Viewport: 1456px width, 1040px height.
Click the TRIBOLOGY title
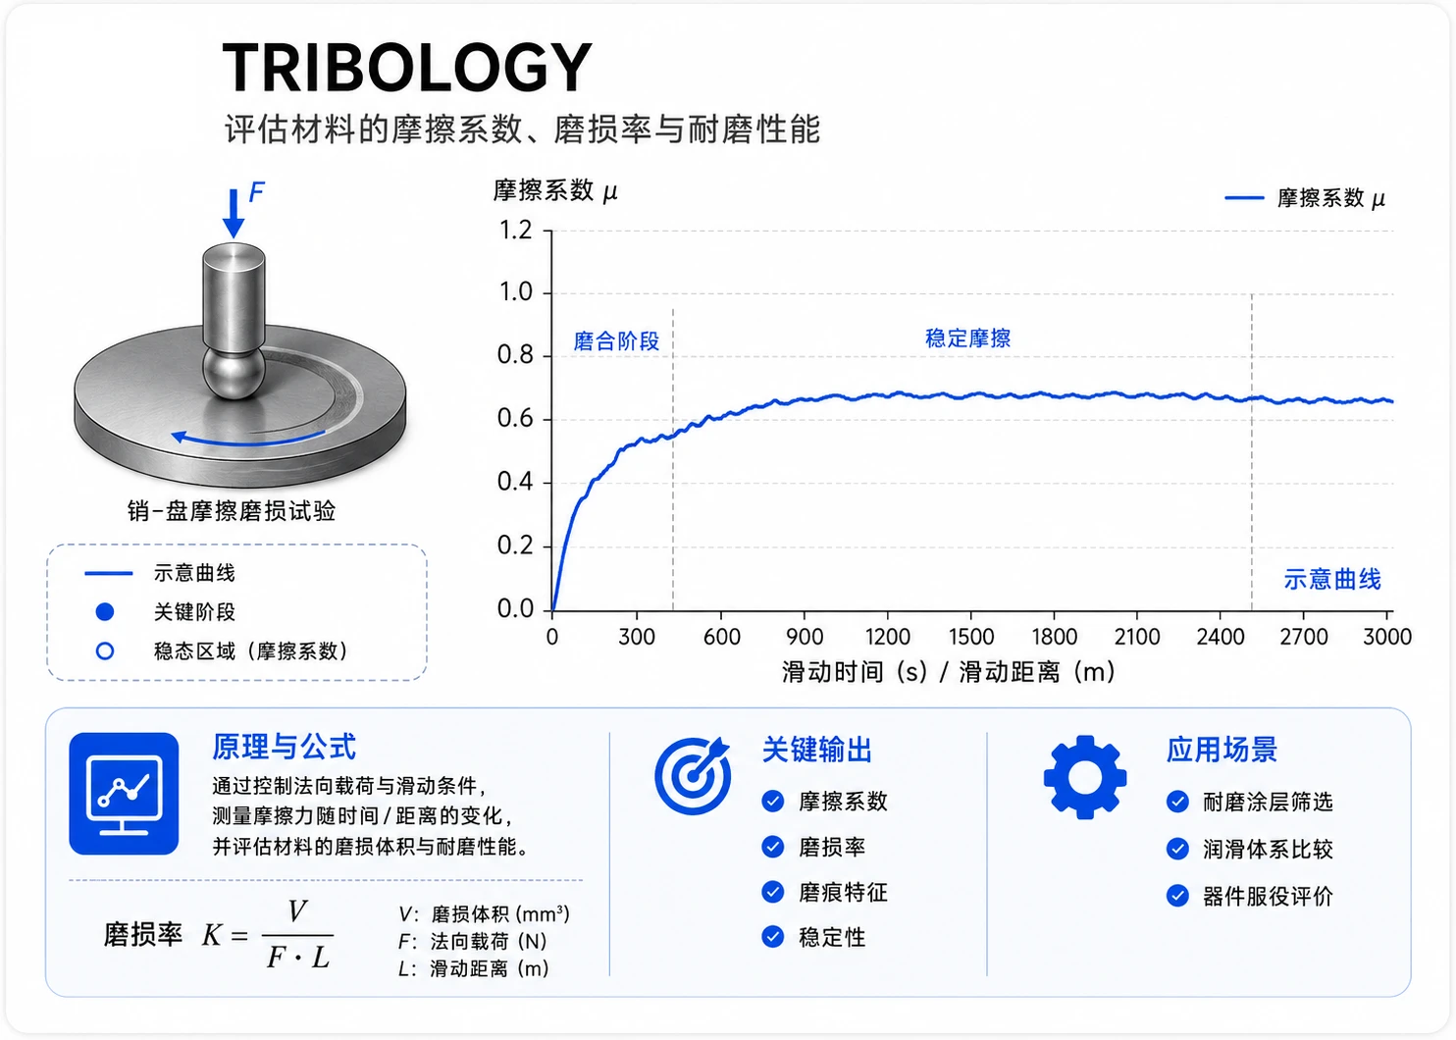click(407, 67)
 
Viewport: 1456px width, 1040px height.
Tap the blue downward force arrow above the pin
click(234, 213)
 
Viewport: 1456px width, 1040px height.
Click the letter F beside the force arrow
click(257, 191)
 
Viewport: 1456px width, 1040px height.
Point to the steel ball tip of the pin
click(234, 373)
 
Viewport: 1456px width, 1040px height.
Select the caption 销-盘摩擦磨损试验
click(232, 511)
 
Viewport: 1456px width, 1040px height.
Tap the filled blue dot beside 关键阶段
click(105, 611)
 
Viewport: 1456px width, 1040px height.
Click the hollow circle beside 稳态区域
click(105, 650)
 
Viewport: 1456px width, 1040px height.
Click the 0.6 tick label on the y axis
click(515, 419)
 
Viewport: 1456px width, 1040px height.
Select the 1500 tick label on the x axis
click(971, 637)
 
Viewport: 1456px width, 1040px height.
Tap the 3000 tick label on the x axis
click(1387, 637)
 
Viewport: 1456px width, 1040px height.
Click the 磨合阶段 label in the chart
click(616, 341)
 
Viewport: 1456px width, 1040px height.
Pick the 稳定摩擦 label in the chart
click(967, 338)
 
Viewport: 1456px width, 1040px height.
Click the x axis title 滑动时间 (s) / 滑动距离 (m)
click(948, 672)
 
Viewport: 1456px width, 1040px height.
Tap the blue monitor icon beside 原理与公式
click(125, 794)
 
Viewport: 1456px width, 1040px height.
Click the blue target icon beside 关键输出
click(693, 775)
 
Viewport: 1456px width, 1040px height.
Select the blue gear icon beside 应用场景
click(1085, 777)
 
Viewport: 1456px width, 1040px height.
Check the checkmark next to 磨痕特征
click(773, 892)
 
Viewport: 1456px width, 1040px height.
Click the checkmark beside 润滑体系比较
click(1177, 849)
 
